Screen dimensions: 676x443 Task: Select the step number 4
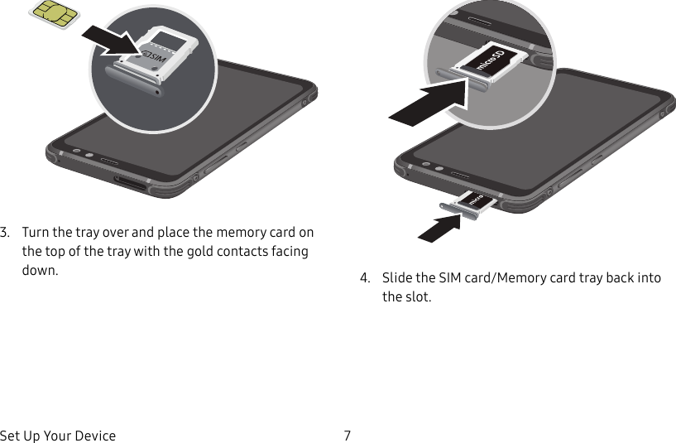coord(364,277)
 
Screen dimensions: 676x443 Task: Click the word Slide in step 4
coord(396,277)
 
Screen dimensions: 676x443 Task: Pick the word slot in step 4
coord(416,296)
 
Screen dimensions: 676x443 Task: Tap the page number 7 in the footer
coord(348,436)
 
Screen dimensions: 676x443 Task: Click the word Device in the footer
coord(96,436)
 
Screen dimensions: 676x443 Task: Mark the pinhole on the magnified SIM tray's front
coord(156,90)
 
